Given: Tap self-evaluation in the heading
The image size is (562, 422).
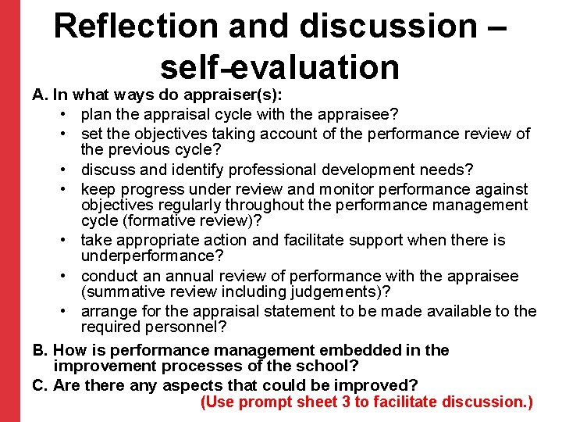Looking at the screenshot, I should tap(280, 66).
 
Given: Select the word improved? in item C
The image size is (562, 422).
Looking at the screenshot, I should tap(379, 385).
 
